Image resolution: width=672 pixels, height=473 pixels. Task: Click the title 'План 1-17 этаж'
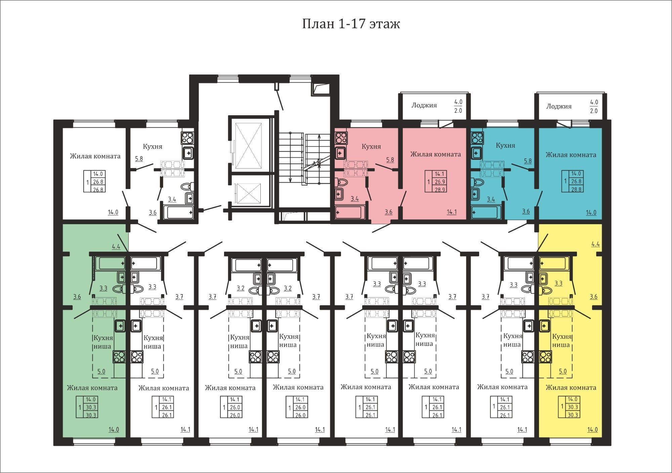click(351, 24)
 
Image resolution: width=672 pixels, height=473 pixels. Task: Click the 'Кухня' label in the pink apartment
click(371, 146)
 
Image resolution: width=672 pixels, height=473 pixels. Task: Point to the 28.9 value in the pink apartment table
click(440, 189)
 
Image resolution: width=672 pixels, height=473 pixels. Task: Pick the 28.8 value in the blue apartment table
click(576, 189)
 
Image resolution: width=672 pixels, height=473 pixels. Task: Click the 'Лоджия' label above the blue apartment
click(559, 106)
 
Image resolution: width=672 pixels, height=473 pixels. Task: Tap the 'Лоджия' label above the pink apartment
click(424, 105)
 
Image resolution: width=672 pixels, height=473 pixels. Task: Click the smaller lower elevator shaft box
click(249, 194)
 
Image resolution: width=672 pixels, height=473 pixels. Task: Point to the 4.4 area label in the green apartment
click(116, 246)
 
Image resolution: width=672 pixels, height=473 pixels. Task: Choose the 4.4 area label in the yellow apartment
click(595, 244)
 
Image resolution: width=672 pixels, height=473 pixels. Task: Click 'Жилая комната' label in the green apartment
click(92, 388)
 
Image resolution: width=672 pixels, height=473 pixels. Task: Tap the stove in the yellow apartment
click(545, 357)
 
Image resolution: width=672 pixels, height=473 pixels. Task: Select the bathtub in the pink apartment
click(348, 212)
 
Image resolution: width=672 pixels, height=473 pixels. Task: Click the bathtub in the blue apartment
click(484, 212)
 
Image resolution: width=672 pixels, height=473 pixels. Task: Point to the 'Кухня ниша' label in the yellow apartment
click(562, 340)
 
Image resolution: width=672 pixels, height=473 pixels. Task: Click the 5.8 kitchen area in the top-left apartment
click(139, 158)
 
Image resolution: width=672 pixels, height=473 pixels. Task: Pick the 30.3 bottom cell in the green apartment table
click(91, 415)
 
